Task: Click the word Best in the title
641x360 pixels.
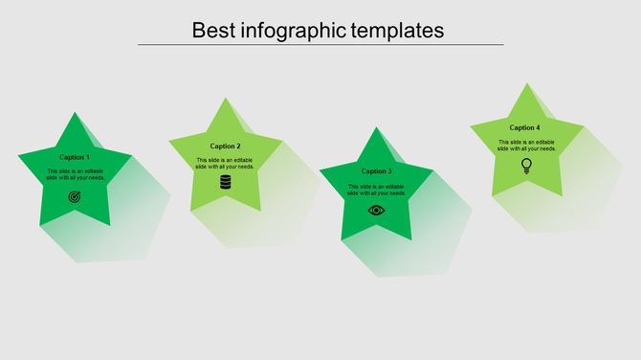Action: [x=211, y=30]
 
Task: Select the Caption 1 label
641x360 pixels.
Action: [x=75, y=157]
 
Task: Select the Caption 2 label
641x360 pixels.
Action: [x=226, y=146]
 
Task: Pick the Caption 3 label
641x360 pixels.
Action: [x=376, y=171]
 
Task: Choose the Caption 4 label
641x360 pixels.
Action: [x=524, y=127]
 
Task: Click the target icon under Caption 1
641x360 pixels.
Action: [x=75, y=196]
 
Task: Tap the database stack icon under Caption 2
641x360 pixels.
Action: [x=226, y=182]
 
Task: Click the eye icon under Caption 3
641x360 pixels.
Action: [x=376, y=210]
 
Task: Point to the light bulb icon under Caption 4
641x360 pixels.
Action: [x=526, y=166]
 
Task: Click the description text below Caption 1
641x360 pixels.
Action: [x=76, y=174]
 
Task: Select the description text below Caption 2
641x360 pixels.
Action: [x=226, y=163]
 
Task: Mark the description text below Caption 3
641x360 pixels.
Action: [x=376, y=190]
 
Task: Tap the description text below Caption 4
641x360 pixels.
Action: [x=526, y=146]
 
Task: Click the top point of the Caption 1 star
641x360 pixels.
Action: [x=74, y=114]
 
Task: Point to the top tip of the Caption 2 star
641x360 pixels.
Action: [x=226, y=100]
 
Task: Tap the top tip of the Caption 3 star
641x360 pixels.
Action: [x=377, y=128]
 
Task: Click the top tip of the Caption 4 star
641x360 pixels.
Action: [x=527, y=85]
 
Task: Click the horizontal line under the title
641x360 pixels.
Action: [x=320, y=44]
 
